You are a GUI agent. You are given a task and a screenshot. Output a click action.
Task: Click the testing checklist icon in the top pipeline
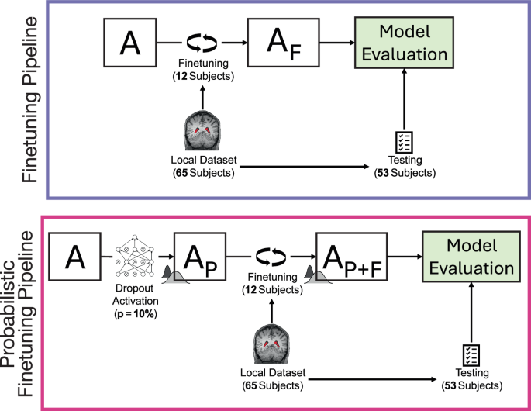[x=405, y=143]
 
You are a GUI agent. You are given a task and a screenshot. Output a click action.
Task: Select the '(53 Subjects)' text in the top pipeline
[x=405, y=173]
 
